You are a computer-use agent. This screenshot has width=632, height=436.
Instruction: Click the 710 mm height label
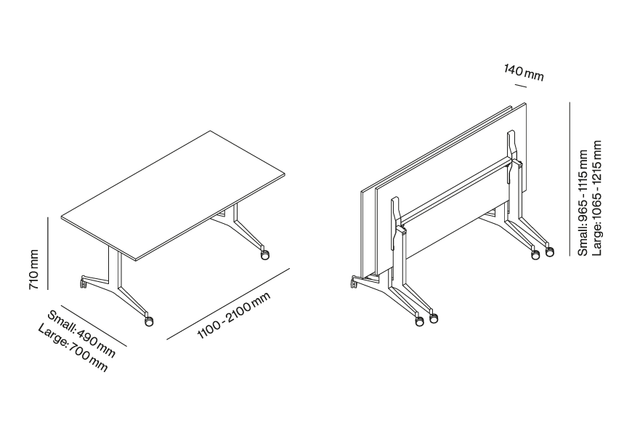point(34,270)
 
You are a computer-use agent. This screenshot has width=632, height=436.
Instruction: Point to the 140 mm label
point(524,73)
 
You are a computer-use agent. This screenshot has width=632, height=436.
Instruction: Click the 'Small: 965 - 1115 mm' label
point(583,203)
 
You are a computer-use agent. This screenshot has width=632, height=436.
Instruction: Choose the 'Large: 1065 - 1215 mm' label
point(596,198)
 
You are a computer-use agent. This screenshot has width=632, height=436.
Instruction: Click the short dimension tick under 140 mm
point(520,85)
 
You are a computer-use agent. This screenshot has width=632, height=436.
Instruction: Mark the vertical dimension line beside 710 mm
point(47,254)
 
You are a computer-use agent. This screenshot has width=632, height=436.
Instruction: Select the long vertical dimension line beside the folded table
point(570,179)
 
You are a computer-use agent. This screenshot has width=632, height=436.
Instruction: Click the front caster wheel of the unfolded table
point(149,321)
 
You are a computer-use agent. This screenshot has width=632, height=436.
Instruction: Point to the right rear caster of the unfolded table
point(265,254)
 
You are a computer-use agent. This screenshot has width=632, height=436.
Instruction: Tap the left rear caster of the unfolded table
point(83,283)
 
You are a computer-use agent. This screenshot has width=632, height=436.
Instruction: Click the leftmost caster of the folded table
point(354,282)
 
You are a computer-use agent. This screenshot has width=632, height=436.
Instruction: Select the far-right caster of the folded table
point(550,252)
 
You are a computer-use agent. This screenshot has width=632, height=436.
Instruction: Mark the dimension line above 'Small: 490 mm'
point(94,325)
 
